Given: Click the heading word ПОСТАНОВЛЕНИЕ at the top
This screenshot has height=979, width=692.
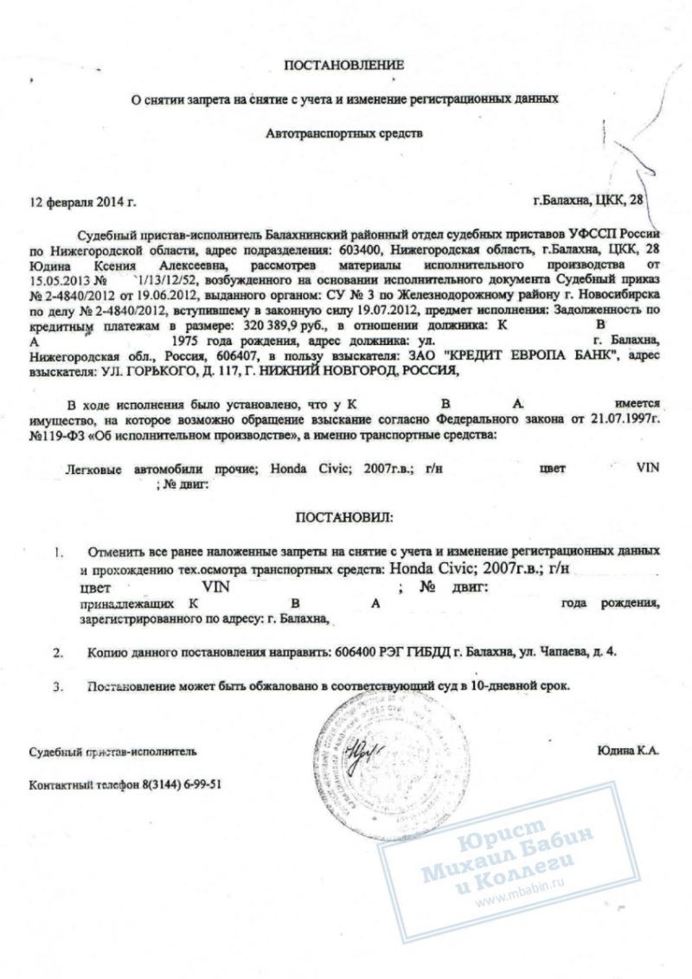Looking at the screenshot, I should (x=344, y=65).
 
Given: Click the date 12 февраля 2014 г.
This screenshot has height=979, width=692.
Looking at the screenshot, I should (x=83, y=203).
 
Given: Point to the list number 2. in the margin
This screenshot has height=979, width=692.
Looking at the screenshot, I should (x=58, y=650).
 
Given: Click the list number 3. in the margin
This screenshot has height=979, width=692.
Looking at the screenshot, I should (x=58, y=687).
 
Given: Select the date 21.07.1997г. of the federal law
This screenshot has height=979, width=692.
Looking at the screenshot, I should (x=626, y=419).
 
